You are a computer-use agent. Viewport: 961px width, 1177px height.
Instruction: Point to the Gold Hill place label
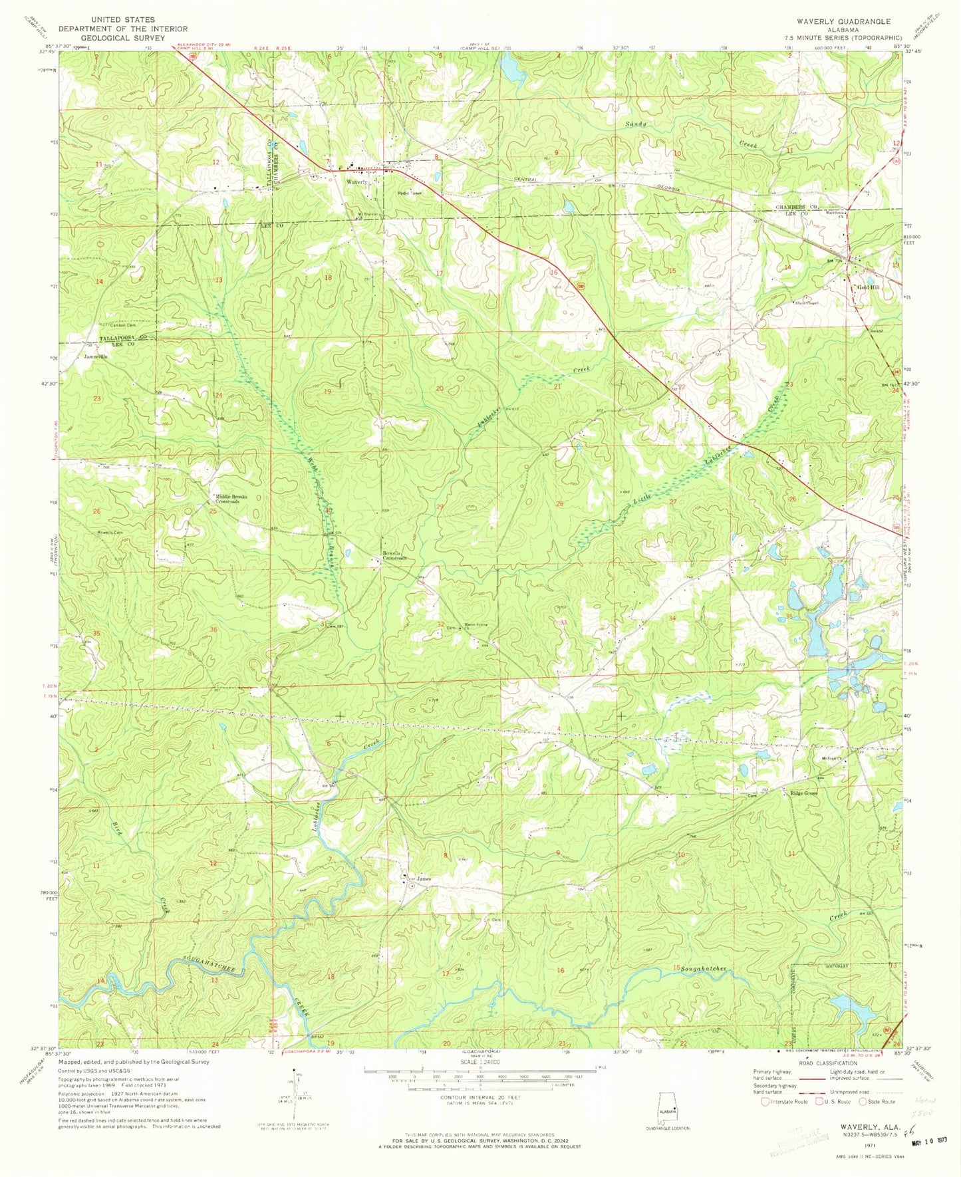[x=869, y=287]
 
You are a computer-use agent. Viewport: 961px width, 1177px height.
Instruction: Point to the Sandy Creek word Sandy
[x=635, y=124]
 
